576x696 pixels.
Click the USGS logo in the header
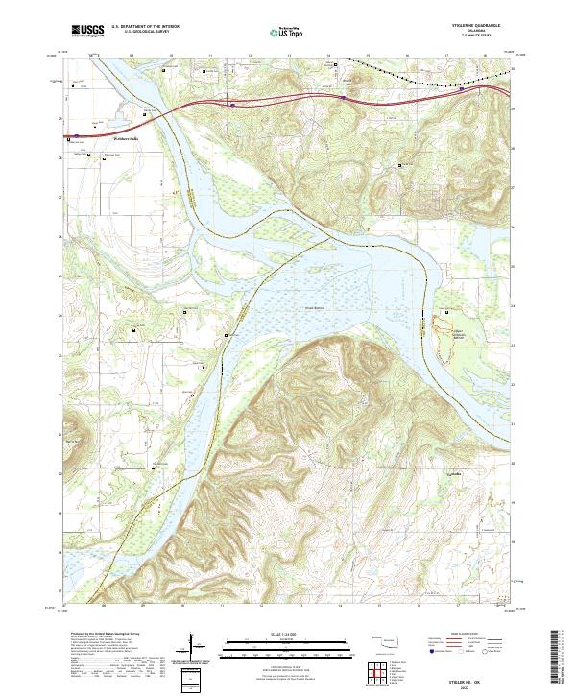[x=87, y=31]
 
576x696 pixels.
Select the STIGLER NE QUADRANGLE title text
[x=478, y=23]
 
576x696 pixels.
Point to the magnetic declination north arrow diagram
[x=195, y=647]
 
